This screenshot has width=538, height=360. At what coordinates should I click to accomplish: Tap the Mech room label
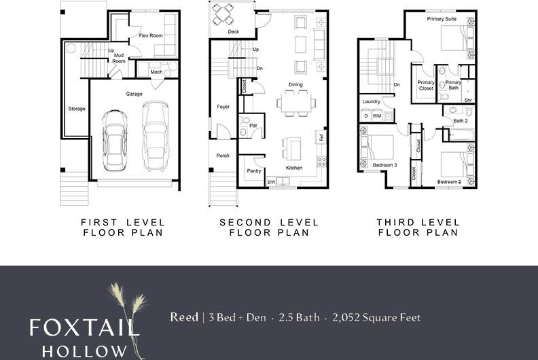(156, 72)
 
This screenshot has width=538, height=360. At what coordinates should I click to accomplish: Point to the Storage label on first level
(77, 109)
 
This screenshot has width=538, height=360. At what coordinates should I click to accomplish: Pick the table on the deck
(223, 13)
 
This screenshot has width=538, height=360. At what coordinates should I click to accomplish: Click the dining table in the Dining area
(295, 103)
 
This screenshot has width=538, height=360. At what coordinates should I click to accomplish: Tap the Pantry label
(254, 170)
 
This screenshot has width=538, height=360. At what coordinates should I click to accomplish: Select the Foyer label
(223, 107)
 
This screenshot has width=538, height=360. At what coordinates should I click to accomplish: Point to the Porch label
(223, 156)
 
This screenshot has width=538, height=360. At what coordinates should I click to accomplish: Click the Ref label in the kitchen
(321, 137)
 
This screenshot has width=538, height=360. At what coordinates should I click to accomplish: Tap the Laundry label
(372, 102)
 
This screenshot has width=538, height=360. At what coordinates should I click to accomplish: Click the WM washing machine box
(377, 116)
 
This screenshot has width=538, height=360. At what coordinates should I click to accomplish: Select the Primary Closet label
(426, 85)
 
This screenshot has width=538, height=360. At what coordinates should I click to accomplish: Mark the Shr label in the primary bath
(468, 99)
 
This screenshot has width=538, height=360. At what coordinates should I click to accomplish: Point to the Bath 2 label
(461, 121)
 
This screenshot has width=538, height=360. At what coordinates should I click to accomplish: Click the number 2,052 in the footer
(344, 317)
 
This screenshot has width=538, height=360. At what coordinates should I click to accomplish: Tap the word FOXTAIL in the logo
(84, 328)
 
